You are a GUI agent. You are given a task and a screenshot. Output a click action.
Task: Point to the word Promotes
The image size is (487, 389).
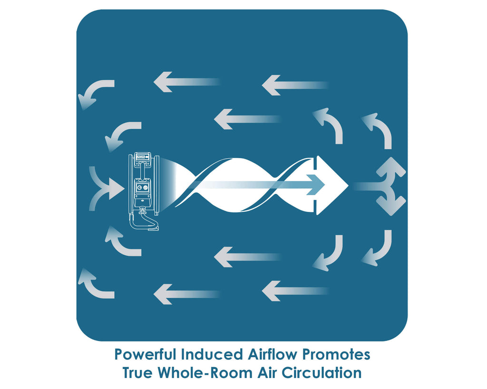336,354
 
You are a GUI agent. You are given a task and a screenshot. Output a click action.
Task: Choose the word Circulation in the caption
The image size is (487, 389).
322,372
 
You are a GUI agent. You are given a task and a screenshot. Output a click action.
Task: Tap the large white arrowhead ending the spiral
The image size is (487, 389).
331,185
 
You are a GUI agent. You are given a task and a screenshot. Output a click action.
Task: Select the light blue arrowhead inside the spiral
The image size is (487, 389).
316,185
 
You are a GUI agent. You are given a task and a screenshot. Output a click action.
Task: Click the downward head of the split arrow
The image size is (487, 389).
391,203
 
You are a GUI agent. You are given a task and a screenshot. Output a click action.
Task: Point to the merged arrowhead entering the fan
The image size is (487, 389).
116,188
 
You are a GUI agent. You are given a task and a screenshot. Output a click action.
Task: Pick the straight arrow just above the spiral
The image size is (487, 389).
247,119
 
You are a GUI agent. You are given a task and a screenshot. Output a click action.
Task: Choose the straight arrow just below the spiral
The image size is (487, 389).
247,257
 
